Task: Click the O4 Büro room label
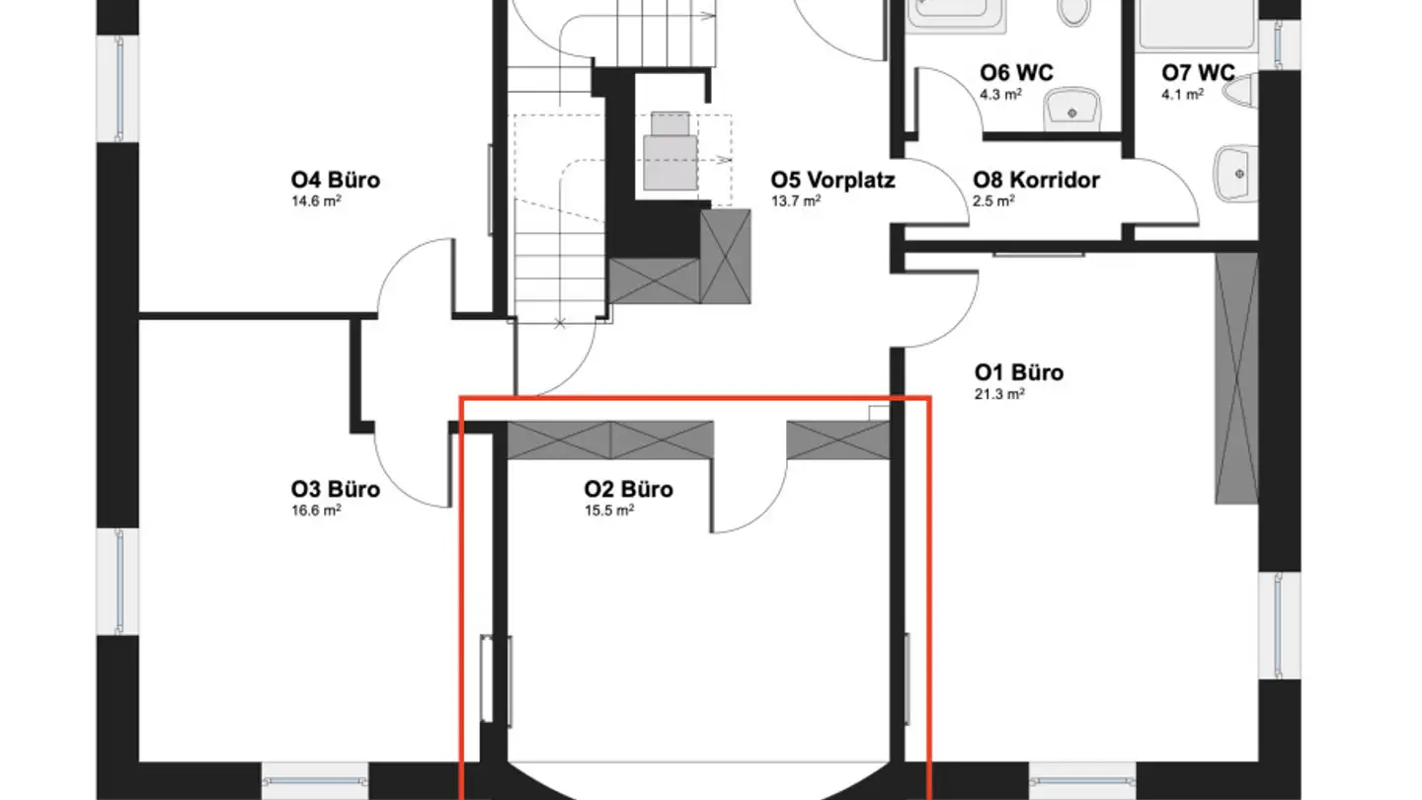point(335,181)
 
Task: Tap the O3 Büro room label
point(335,489)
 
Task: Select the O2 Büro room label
point(629,489)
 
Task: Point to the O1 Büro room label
point(1019,372)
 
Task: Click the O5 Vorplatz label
point(832,181)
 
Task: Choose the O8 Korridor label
point(1036,181)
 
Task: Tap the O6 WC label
point(1016,73)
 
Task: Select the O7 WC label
point(1198,73)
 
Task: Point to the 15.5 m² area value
point(609,511)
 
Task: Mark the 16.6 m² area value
point(316,511)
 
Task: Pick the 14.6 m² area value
point(316,201)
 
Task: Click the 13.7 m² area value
point(796,201)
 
